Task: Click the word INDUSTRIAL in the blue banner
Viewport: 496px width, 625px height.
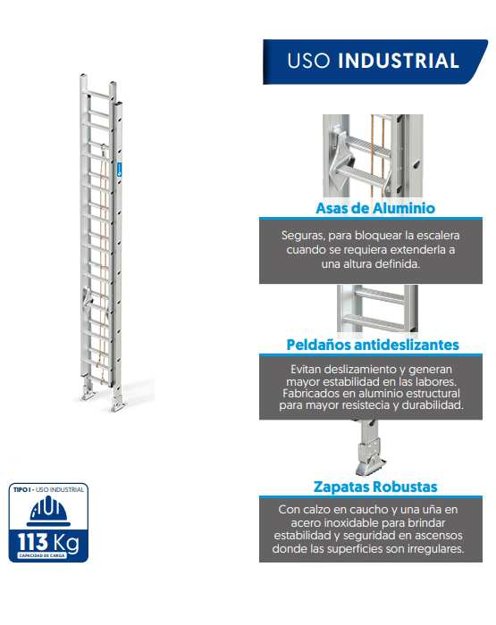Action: pos(399,61)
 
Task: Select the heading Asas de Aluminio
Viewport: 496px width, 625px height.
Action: pos(375,208)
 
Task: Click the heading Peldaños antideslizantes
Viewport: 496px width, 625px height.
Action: pos(373,345)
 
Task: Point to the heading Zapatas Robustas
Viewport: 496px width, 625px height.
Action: pos(375,487)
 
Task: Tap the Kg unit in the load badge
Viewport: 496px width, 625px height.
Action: pos(69,543)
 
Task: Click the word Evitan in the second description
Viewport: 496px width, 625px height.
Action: pos(309,368)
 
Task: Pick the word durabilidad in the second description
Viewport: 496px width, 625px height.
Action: pos(430,404)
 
